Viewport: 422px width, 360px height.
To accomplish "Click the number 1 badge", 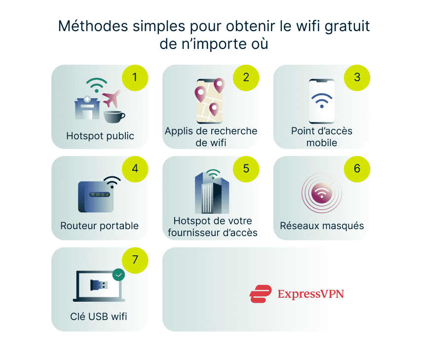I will tap(135, 78).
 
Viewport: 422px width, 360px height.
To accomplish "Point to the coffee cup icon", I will tap(114, 116).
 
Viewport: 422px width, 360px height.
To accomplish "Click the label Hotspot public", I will tap(100, 136).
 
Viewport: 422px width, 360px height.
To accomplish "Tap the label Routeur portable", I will tap(100, 226).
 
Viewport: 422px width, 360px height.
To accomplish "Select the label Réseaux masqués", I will tap(322, 226).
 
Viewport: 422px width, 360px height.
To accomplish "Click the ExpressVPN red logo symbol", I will tap(260, 294).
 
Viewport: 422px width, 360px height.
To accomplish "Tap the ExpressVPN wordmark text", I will tap(310, 294).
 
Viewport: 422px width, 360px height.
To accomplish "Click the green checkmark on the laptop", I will tap(118, 275).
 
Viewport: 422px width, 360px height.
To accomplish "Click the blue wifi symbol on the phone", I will tap(322, 100).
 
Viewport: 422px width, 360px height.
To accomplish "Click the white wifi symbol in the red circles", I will tap(322, 194).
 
